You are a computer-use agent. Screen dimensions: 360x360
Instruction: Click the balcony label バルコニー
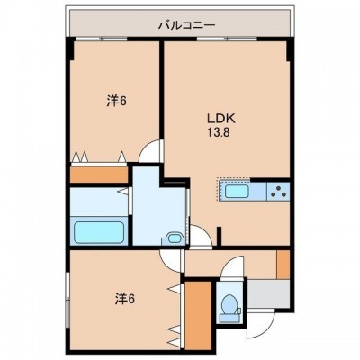pyautogui.click(x=186, y=25)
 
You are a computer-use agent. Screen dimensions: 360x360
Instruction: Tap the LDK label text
pyautogui.click(x=221, y=119)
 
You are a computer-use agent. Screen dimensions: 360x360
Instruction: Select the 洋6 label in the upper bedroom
pyautogui.click(x=116, y=101)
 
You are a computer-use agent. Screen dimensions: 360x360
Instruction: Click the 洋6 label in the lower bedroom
pyautogui.click(x=125, y=299)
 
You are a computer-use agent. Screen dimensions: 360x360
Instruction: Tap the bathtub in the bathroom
pyautogui.click(x=99, y=232)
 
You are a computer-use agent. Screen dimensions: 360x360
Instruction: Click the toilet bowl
pyautogui.click(x=229, y=303)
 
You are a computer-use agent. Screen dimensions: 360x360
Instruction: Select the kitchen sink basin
pyautogui.click(x=237, y=192)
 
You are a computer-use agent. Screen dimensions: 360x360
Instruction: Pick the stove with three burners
pyautogui.click(x=278, y=192)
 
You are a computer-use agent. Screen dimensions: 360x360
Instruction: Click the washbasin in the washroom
pyautogui.click(x=173, y=238)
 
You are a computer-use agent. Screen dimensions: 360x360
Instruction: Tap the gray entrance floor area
pyautogui.click(x=268, y=294)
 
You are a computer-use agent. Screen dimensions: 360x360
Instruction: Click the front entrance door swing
pyautogui.click(x=260, y=323)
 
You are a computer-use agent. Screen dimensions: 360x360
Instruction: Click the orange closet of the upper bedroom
pyautogui.click(x=99, y=175)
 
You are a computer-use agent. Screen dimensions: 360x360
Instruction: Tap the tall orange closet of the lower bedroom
pyautogui.click(x=198, y=315)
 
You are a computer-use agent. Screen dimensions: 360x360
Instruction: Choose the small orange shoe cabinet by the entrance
pyautogui.click(x=283, y=265)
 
